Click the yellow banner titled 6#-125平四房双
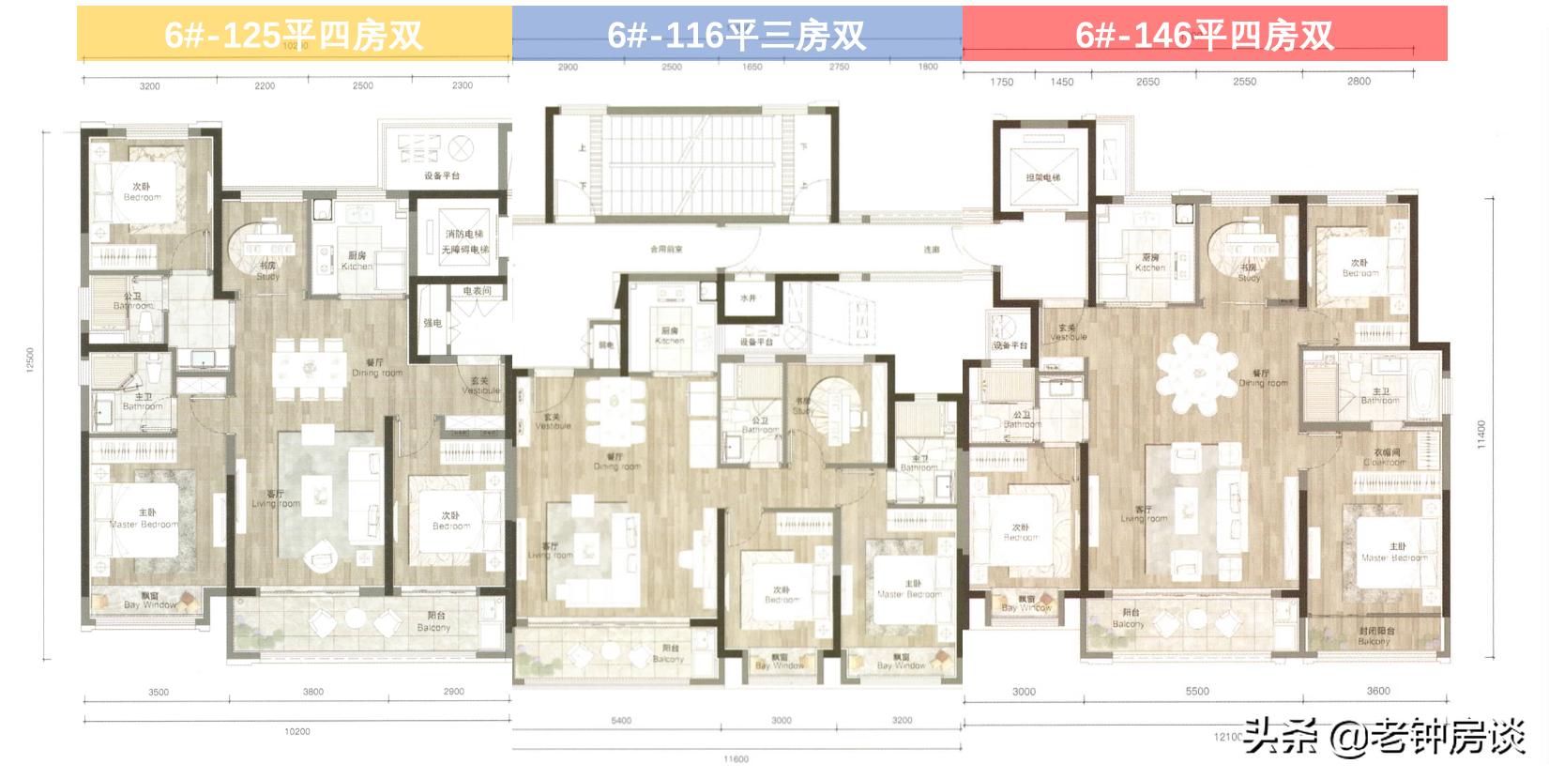pyautogui.click(x=294, y=35)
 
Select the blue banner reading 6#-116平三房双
pyautogui.click(x=737, y=35)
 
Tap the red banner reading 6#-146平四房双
pyautogui.click(x=1205, y=35)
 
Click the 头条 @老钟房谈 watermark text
pyautogui.click(x=1385, y=737)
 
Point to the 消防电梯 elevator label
pyautogui.click(x=465, y=235)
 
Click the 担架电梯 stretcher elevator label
pyautogui.click(x=1042, y=177)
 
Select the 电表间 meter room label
pyautogui.click(x=477, y=292)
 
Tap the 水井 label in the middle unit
pyautogui.click(x=748, y=298)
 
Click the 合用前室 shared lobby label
pyautogui.click(x=666, y=250)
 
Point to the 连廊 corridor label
pyautogui.click(x=931, y=250)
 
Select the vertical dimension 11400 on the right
pyautogui.click(x=1481, y=435)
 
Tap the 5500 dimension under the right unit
pyautogui.click(x=1197, y=692)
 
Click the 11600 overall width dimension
pyautogui.click(x=737, y=759)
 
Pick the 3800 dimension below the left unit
pyautogui.click(x=312, y=692)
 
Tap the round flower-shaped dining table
pyautogui.click(x=1196, y=374)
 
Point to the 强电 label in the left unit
pyautogui.click(x=433, y=324)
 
